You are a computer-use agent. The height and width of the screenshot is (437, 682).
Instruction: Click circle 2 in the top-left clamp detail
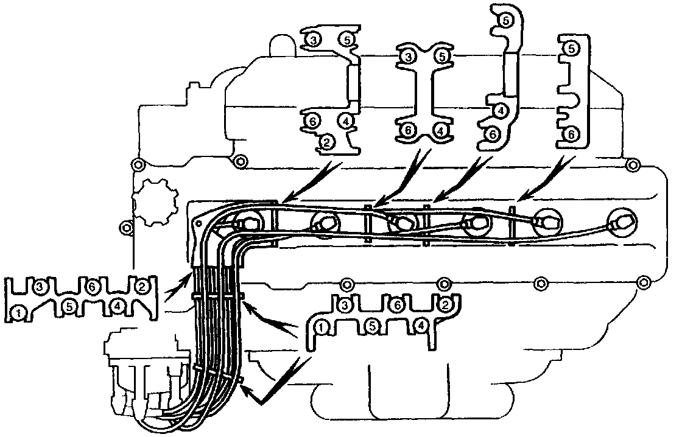click(327, 142)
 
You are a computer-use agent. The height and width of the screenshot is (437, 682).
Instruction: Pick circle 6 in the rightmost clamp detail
click(571, 133)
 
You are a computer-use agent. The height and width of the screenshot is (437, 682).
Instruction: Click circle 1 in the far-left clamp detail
click(20, 313)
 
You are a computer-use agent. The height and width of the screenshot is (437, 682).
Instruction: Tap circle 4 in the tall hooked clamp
click(499, 111)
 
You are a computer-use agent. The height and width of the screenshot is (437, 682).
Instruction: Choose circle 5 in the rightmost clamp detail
click(571, 48)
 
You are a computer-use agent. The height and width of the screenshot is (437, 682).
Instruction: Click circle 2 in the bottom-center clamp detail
click(445, 304)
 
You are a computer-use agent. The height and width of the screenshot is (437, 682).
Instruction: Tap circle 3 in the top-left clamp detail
click(313, 40)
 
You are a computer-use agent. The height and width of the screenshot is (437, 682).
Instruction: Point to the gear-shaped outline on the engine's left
click(153, 201)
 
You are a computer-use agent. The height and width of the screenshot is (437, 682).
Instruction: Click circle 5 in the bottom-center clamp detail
click(373, 327)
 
